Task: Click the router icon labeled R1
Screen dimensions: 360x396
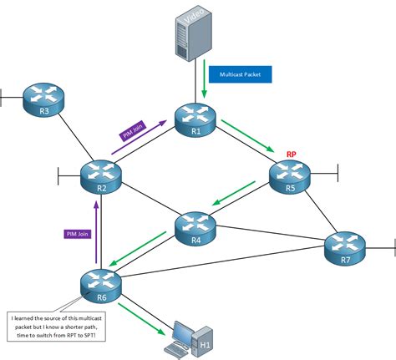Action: click(x=195, y=118)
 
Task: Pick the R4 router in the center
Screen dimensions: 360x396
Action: click(x=195, y=226)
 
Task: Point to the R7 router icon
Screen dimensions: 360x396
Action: click(x=346, y=246)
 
